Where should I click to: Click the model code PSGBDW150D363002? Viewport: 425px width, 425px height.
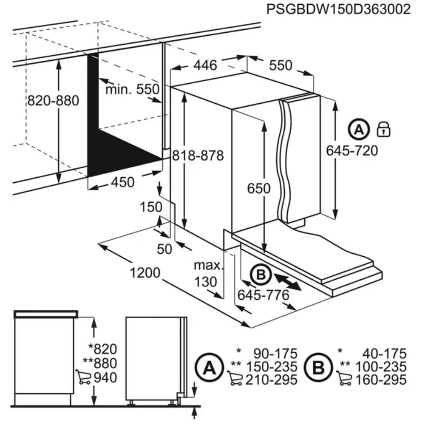(338, 9)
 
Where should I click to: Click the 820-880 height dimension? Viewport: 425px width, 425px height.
(53, 101)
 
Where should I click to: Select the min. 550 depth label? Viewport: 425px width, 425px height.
(132, 89)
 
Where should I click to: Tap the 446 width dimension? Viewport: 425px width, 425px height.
(205, 65)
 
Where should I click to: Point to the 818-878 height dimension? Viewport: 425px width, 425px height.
(198, 156)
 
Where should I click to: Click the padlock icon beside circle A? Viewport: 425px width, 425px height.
(383, 129)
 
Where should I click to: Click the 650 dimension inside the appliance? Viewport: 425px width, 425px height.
(259, 188)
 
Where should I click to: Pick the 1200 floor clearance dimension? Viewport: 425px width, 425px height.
(146, 272)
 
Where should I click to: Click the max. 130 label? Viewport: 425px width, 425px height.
(208, 274)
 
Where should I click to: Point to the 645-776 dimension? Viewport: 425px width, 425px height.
(263, 295)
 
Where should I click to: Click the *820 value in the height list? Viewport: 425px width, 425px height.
(101, 349)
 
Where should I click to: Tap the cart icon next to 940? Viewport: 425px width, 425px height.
(82, 377)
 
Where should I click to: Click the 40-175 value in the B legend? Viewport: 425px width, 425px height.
(383, 353)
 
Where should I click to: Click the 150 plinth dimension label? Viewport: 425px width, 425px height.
(151, 207)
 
